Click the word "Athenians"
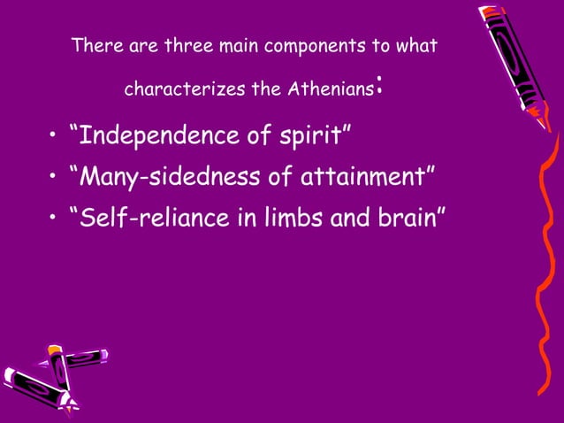331,89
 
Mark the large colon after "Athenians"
378,87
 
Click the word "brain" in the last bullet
408,217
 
